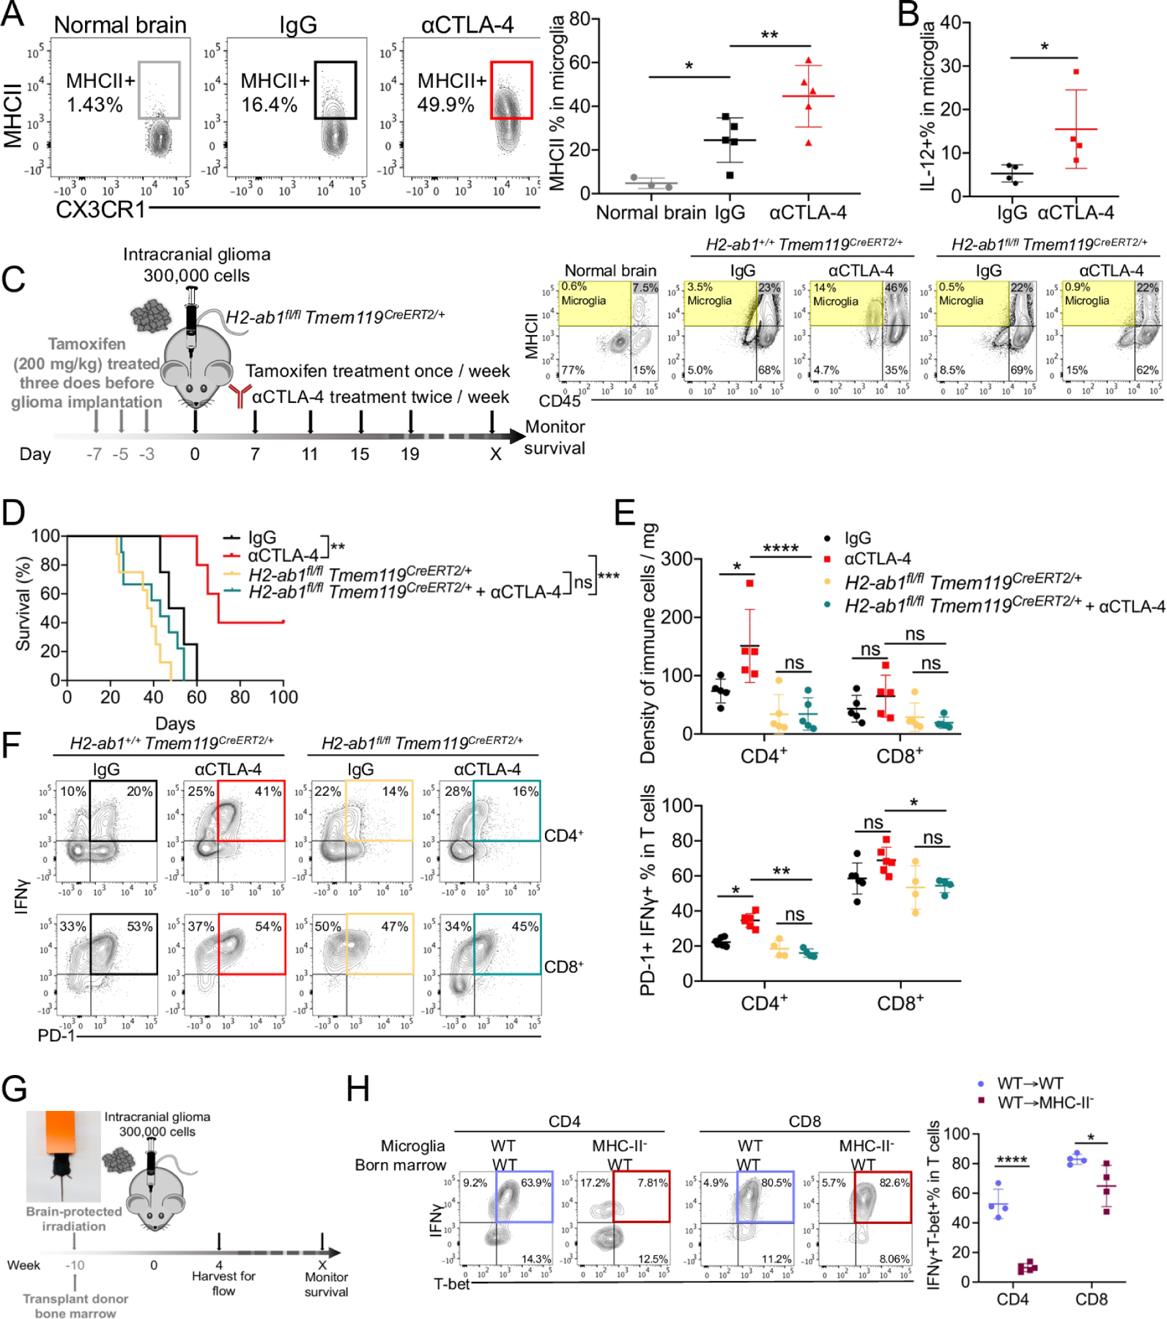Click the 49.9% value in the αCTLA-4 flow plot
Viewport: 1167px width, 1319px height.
445,105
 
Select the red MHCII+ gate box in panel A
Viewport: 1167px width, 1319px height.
511,90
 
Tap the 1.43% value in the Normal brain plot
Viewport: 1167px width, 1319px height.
95,105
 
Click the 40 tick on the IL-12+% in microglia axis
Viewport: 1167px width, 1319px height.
951,23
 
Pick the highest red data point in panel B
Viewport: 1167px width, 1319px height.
1076,72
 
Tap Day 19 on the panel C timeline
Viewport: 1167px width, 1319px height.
410,454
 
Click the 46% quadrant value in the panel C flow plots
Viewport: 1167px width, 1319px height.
896,288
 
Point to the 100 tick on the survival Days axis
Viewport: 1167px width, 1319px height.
284,698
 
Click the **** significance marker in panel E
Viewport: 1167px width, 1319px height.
780,549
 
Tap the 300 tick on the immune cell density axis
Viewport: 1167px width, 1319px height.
678,559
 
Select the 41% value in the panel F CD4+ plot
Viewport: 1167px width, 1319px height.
268,791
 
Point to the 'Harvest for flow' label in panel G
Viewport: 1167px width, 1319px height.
223,1283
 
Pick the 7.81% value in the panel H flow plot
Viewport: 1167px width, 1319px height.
652,1183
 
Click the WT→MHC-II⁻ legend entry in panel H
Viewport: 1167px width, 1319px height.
1044,1103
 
